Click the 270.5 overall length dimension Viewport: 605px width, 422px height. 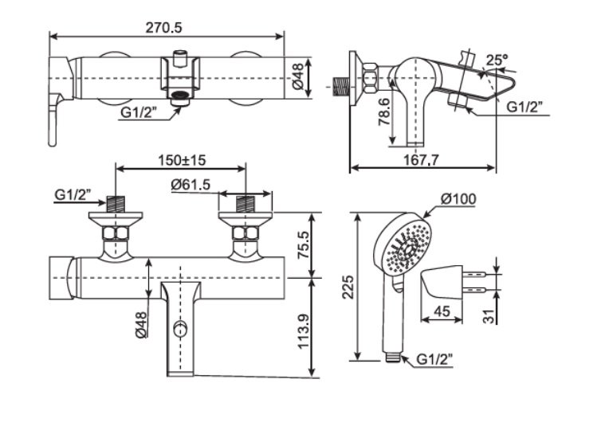pos(164,26)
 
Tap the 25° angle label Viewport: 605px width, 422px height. pos(497,60)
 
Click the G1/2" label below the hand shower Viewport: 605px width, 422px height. pos(437,361)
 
